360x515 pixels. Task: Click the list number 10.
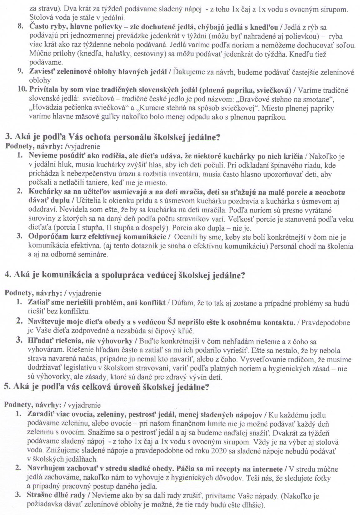point(22,90)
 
